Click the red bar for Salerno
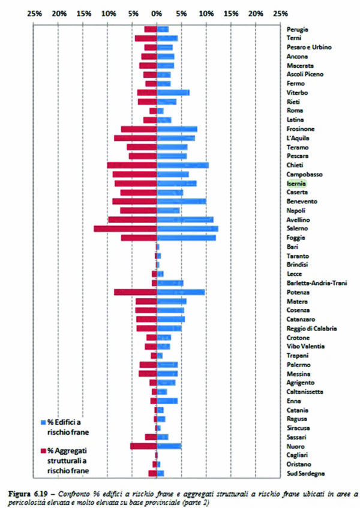(x=125, y=229)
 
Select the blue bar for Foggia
(x=187, y=238)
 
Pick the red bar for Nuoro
(x=143, y=446)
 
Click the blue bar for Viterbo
(x=173, y=92)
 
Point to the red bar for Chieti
(x=132, y=165)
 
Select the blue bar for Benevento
(x=182, y=202)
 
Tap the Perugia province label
(x=298, y=29)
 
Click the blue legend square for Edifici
(x=43, y=421)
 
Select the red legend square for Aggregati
(x=43, y=450)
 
